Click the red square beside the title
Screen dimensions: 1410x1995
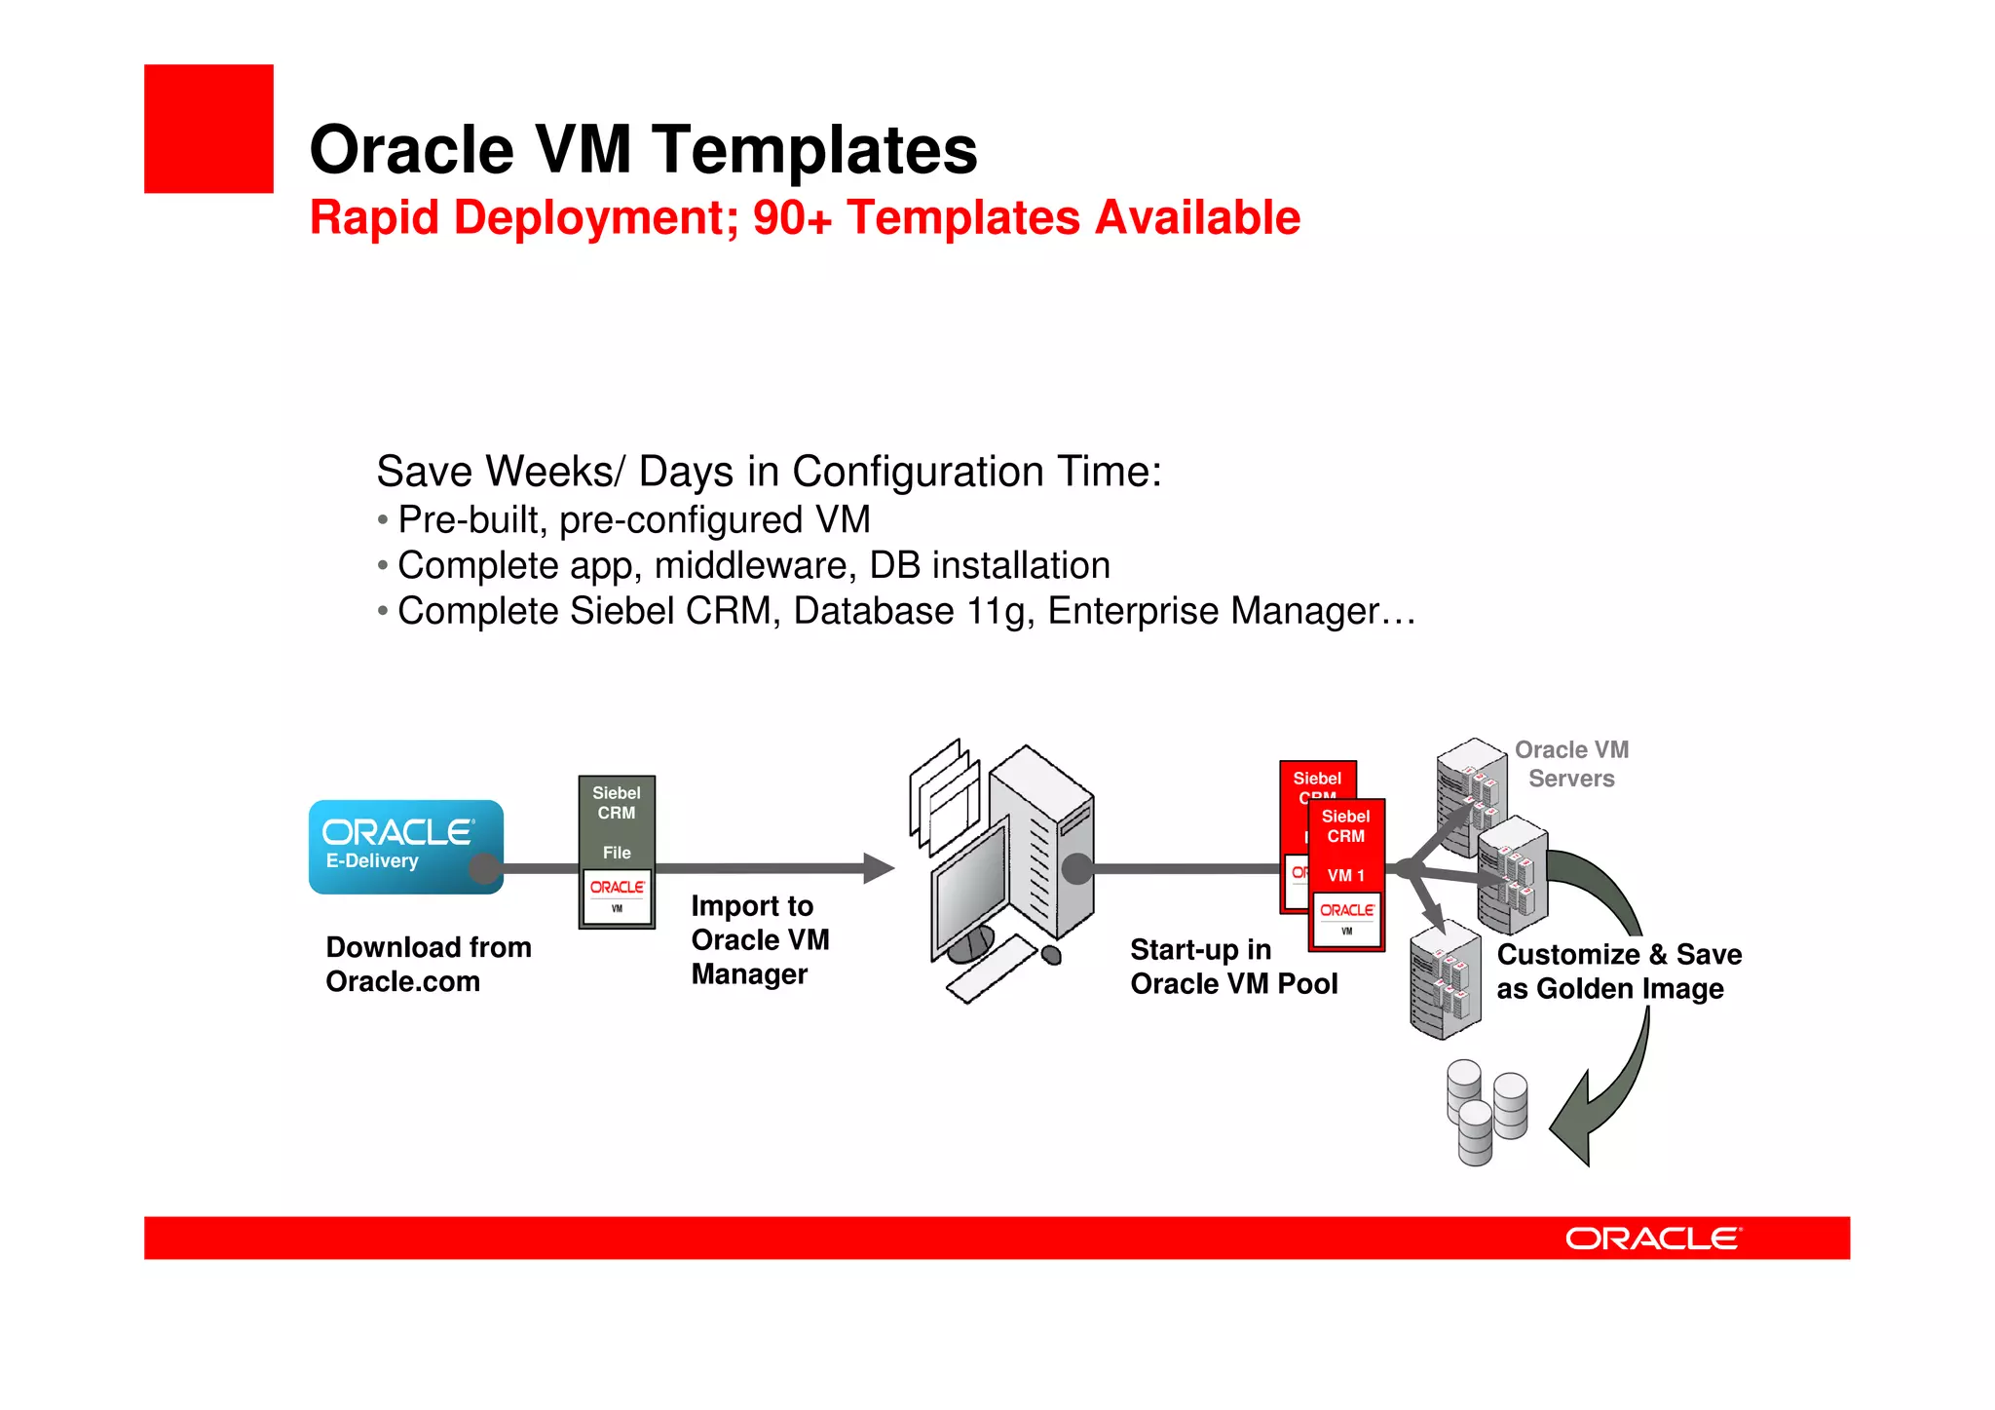pos(208,129)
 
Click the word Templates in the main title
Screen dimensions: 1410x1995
pos(814,151)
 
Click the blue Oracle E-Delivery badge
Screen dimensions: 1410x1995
pos(404,846)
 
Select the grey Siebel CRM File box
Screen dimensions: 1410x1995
pos(617,851)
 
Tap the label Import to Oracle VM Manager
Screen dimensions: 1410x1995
pos(760,940)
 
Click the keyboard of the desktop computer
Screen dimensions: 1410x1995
pos(992,969)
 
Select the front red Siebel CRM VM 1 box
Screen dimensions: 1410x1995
pos(1346,872)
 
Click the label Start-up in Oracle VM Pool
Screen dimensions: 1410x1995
pos(1233,967)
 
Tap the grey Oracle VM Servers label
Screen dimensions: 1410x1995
pos(1571,764)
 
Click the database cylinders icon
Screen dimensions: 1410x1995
pos(1486,1112)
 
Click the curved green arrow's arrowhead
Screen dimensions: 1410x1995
pos(1573,1121)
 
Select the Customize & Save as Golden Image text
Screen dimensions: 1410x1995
pos(1618,972)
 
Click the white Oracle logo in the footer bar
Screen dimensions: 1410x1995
pos(1652,1239)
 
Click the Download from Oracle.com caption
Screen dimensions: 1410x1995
pos(429,965)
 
